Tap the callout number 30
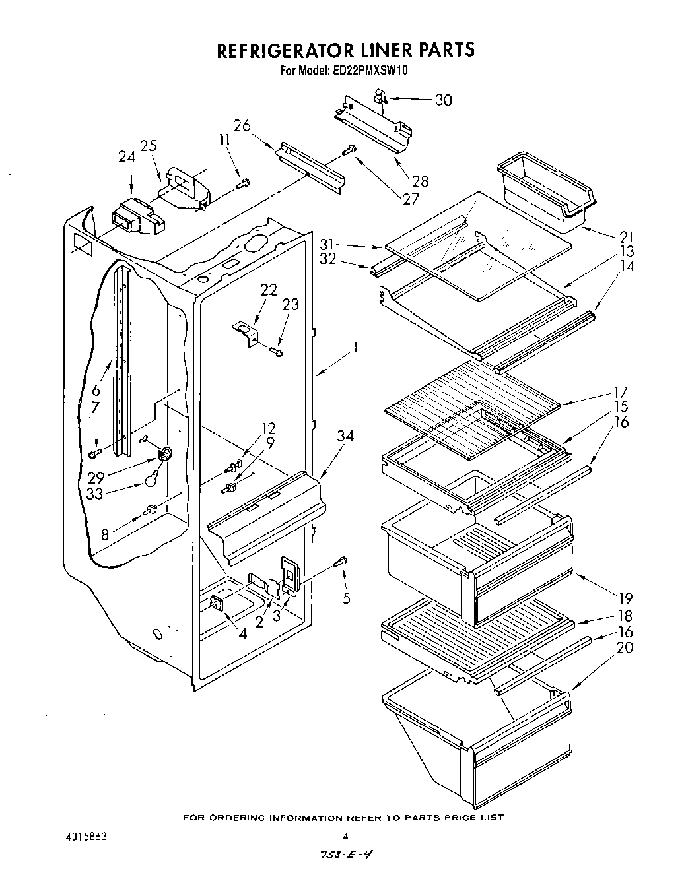click(443, 100)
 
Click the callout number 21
click(626, 237)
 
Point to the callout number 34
click(345, 435)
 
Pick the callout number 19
click(625, 598)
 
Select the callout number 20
click(624, 647)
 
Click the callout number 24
click(126, 157)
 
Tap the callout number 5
click(347, 598)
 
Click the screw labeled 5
click(341, 562)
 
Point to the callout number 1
click(355, 346)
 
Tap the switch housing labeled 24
click(137, 216)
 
